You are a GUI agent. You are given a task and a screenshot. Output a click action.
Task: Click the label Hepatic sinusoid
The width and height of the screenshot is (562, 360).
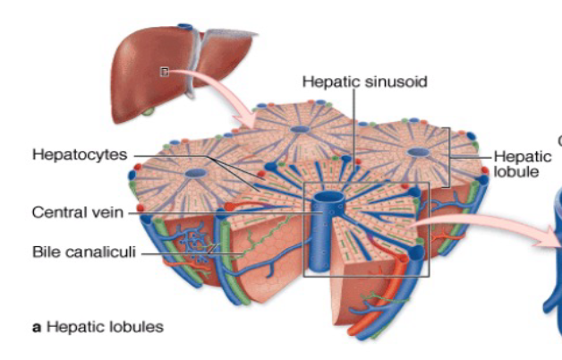click(x=364, y=81)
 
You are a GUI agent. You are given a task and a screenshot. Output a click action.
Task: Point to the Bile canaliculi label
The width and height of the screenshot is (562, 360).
click(x=81, y=253)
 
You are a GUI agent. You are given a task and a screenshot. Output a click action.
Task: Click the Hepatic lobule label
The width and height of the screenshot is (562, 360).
click(x=515, y=162)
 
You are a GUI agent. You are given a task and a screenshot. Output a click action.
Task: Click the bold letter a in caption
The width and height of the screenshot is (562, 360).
click(x=37, y=328)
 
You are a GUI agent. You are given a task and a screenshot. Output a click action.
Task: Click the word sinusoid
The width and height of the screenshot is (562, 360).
click(x=396, y=81)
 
